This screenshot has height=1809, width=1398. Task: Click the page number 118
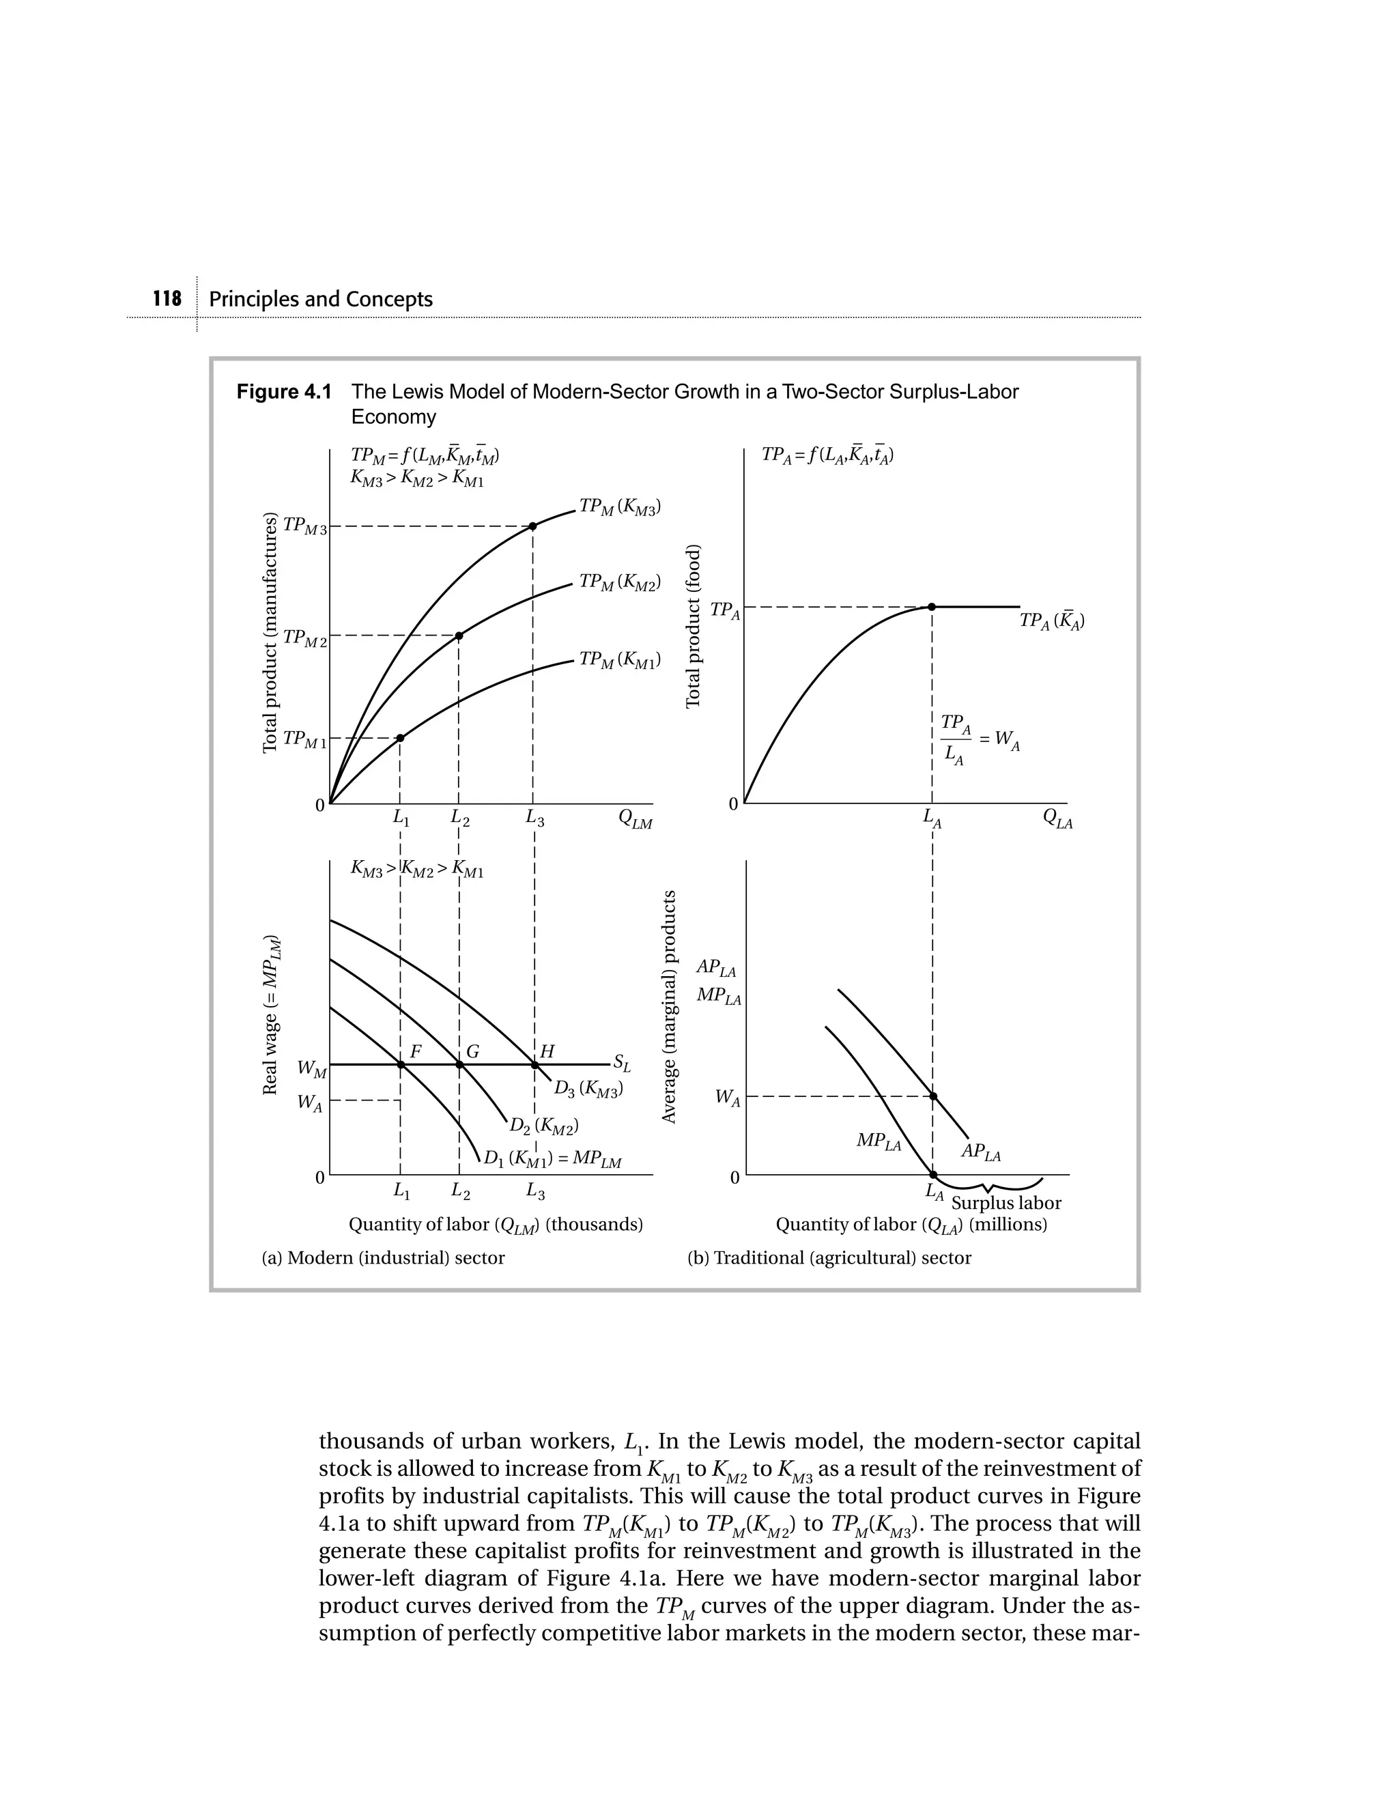click(x=167, y=299)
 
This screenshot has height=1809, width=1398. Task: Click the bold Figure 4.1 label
click(x=283, y=392)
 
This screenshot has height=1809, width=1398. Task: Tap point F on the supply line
click(x=400, y=1064)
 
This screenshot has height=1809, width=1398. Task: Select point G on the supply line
click(x=459, y=1064)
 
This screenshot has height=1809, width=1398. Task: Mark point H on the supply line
click(x=534, y=1064)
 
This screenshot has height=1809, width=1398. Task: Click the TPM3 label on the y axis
click(x=304, y=526)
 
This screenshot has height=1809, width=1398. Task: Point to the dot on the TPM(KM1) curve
click(x=400, y=738)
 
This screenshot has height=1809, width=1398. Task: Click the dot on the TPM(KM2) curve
click(x=459, y=636)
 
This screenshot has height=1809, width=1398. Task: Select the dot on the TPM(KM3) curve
click(x=532, y=526)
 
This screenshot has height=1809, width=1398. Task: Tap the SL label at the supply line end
click(x=622, y=1064)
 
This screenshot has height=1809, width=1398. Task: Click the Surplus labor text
click(x=1005, y=1203)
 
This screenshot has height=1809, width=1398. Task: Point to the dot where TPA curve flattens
click(x=932, y=607)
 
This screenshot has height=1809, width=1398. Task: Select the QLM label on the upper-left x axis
click(x=636, y=820)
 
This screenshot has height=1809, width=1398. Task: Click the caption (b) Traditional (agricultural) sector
click(x=829, y=1257)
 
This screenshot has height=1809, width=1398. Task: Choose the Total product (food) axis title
click(x=694, y=626)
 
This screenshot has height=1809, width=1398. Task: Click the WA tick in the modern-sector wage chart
click(x=311, y=1104)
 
